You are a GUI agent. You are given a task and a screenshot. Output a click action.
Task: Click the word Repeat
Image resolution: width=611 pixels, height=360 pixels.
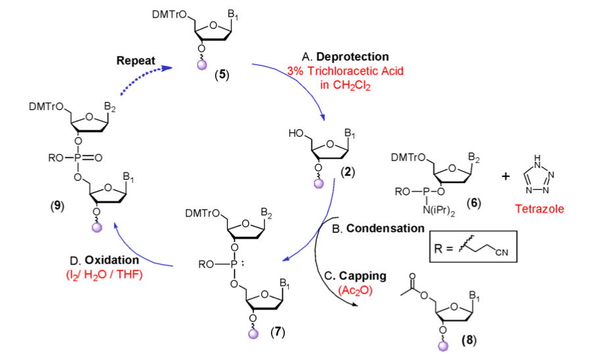pyautogui.click(x=135, y=61)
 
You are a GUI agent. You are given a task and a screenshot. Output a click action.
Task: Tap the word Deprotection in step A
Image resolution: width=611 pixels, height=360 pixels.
pyautogui.click(x=359, y=57)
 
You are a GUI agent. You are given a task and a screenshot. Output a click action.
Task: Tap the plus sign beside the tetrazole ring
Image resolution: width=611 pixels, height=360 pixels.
pyautogui.click(x=505, y=175)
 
